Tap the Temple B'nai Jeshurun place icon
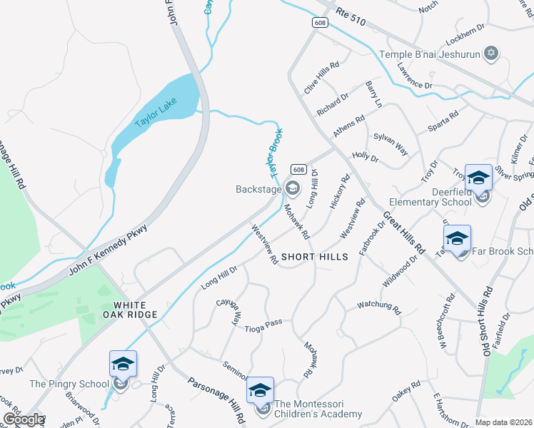490,53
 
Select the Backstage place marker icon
291,188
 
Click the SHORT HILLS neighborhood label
314,257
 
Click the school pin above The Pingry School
122,364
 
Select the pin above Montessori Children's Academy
260,390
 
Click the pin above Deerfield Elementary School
478,178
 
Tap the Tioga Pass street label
265,323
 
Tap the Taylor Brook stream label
276,151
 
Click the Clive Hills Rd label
321,78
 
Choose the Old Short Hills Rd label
488,320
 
